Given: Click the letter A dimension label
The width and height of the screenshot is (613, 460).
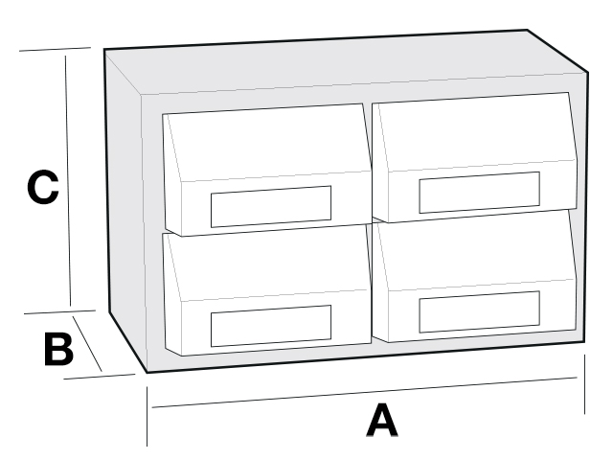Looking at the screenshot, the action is tap(382, 421).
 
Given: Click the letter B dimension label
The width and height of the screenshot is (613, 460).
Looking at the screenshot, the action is tap(58, 349).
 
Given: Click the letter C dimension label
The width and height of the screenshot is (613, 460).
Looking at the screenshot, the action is tap(43, 187).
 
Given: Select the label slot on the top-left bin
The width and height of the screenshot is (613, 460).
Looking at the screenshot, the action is tap(271, 207).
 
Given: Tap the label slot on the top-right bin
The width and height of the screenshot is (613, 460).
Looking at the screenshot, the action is tap(479, 193).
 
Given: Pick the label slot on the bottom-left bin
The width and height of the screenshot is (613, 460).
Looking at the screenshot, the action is tap(271, 326).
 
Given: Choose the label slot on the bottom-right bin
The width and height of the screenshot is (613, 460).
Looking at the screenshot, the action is tap(479, 311).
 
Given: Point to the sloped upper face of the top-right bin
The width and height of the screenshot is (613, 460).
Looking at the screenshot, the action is tap(475, 132).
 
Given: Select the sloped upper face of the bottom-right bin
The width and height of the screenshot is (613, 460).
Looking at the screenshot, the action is tap(475, 250).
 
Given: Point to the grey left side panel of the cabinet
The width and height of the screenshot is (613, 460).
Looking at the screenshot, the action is tap(125, 211).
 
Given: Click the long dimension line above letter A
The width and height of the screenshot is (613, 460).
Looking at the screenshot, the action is tap(364, 392).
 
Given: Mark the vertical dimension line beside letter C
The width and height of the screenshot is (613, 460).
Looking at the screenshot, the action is tap(68, 180).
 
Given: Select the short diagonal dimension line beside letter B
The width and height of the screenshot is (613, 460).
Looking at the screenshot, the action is tap(87, 343).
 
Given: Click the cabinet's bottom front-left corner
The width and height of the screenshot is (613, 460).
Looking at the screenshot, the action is tap(147, 372).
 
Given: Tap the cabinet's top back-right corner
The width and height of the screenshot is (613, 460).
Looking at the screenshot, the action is tap(528, 30).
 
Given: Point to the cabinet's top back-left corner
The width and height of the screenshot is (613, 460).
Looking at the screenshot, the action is tap(104, 50).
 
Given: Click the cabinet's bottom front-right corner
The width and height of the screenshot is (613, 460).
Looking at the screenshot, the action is tap(584, 342).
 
